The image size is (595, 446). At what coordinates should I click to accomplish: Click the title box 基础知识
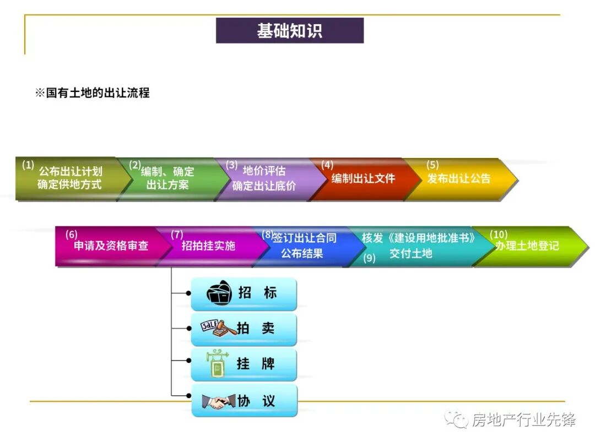pyautogui.click(x=289, y=31)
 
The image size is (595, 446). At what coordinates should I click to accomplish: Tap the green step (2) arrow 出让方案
pyautogui.click(x=167, y=178)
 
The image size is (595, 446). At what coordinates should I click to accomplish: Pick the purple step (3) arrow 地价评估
pyautogui.click(x=264, y=178)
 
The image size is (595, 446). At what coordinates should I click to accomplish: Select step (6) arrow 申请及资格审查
pyautogui.click(x=111, y=246)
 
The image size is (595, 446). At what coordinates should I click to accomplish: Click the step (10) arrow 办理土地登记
pyautogui.click(x=526, y=246)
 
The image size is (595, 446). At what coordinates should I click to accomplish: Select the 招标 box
pyautogui.click(x=244, y=293)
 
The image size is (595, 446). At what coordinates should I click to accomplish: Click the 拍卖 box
pyautogui.click(x=244, y=329)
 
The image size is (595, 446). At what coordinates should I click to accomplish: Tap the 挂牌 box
pyautogui.click(x=244, y=364)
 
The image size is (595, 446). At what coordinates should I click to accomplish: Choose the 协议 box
pyautogui.click(x=244, y=400)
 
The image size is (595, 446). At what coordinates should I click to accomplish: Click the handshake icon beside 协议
pyautogui.click(x=216, y=401)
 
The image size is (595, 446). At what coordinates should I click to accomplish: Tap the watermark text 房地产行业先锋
pyautogui.click(x=523, y=420)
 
